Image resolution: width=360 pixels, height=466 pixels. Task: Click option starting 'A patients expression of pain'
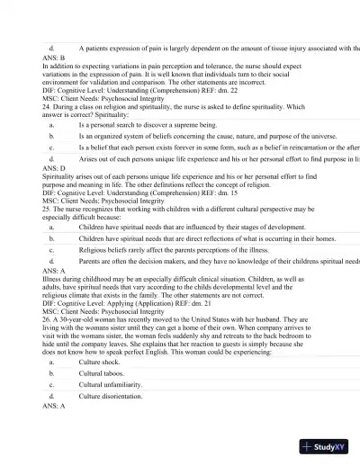coord(216,46)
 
